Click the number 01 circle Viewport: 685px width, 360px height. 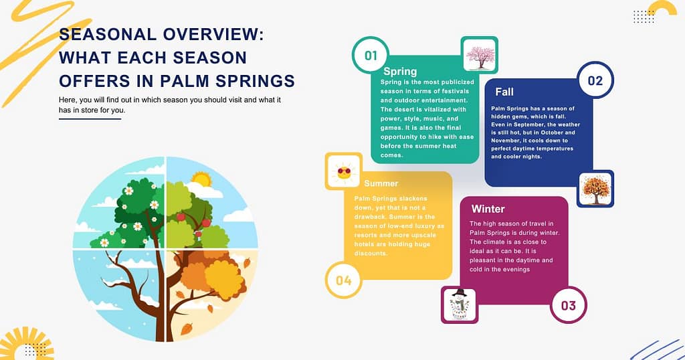[371, 55]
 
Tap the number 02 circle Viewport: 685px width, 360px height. [595, 81]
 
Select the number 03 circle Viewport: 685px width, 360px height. [568, 305]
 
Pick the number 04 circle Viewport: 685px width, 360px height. [343, 280]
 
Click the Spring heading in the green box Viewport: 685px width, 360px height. [400, 72]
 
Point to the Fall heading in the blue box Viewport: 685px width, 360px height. [504, 91]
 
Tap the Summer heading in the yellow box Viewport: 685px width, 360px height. [381, 183]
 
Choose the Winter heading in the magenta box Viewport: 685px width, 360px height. [488, 209]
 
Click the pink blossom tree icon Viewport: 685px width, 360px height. [480, 55]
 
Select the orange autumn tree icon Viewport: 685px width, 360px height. [595, 189]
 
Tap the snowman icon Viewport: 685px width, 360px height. [460, 304]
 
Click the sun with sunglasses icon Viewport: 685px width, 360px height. [344, 171]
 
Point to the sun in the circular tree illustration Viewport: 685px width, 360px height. [200, 179]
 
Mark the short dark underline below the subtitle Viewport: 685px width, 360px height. [90, 119]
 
